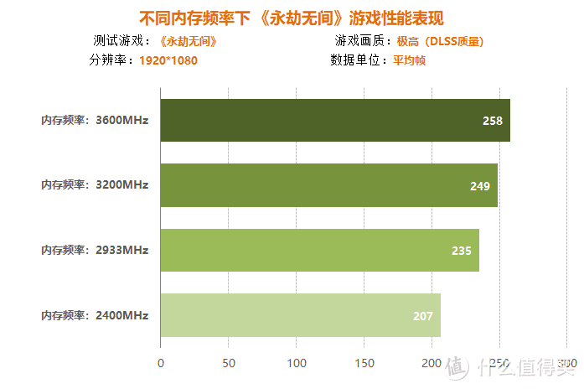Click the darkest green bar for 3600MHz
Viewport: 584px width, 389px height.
coord(335,120)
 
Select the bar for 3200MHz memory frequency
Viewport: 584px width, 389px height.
coord(328,185)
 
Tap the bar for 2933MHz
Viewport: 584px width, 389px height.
coord(319,250)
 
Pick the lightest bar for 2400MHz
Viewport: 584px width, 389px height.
coord(300,315)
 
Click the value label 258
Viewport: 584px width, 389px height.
coord(493,121)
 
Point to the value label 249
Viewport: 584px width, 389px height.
coord(480,186)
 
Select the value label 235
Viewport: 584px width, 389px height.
coord(462,251)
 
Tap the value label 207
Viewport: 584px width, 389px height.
coord(423,316)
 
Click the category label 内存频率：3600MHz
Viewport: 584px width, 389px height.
coord(95,120)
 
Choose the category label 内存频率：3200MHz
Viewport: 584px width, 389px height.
coord(95,185)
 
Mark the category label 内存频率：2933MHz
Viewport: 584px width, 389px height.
coord(95,250)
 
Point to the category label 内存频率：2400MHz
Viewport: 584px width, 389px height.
coord(95,315)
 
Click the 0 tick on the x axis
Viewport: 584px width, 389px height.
coord(161,363)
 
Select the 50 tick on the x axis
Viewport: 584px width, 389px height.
coord(228,363)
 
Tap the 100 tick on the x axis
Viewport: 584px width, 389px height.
coord(296,363)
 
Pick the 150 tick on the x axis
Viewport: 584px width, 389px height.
coord(364,363)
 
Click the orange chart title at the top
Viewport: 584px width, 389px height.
coord(291,18)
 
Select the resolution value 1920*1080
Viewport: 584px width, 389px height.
coord(168,60)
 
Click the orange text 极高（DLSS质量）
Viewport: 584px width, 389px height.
coord(441,41)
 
